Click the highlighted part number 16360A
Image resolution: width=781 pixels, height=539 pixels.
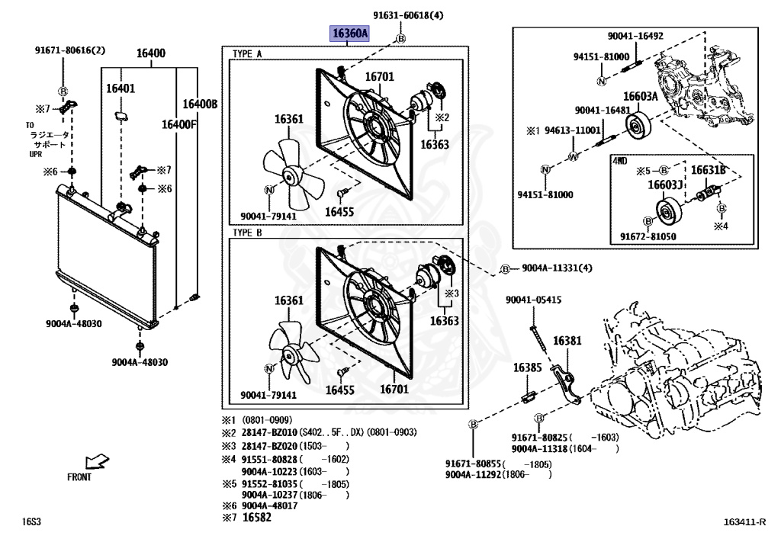(x=349, y=34)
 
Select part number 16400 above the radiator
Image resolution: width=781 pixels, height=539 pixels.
(x=151, y=53)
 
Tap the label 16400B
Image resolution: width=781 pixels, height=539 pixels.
(x=200, y=104)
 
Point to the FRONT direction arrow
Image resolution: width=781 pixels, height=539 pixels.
(x=97, y=462)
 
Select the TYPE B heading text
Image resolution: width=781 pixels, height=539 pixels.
(x=247, y=233)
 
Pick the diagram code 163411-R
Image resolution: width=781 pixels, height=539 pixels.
(x=745, y=522)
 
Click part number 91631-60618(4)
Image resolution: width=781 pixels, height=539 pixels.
(x=408, y=15)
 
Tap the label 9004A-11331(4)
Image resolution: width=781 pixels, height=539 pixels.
(x=556, y=268)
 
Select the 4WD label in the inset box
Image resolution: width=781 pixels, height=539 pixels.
(x=619, y=162)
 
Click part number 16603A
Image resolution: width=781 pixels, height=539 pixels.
(x=640, y=96)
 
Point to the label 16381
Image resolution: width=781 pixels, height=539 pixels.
(x=567, y=341)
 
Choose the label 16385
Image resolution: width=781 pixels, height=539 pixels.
(x=527, y=367)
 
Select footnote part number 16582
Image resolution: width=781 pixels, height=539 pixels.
(x=256, y=518)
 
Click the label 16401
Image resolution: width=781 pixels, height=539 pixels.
(x=121, y=88)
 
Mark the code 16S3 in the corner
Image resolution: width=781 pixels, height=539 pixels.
(x=31, y=522)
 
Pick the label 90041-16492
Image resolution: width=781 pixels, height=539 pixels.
(x=635, y=36)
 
